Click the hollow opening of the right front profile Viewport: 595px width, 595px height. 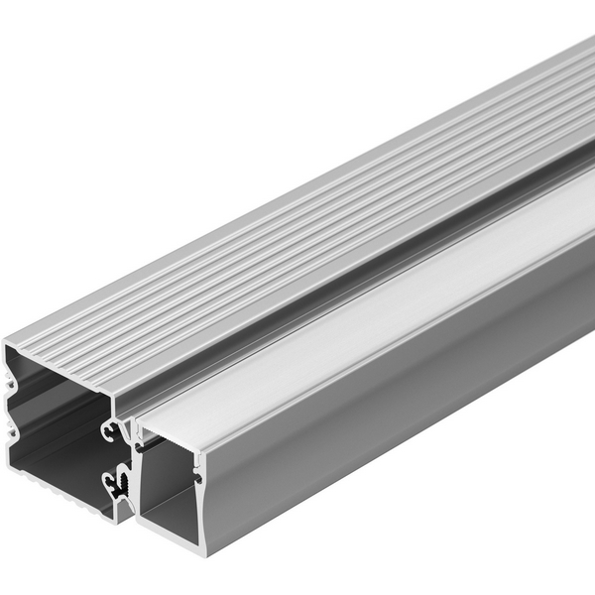pyautogui.click(x=169, y=486)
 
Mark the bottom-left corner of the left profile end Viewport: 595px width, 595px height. pyautogui.click(x=7, y=466)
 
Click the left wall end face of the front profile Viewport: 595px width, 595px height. pyautogui.click(x=139, y=476)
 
